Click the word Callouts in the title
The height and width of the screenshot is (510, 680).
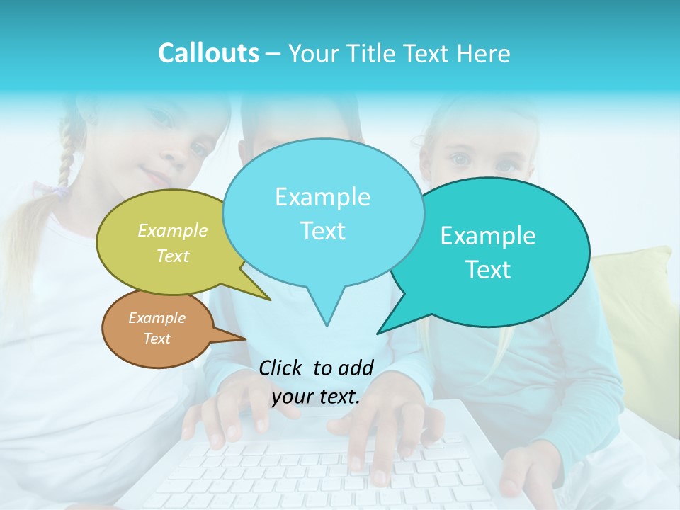(208, 54)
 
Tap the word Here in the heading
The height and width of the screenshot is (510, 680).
(484, 54)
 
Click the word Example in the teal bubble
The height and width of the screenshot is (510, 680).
(487, 236)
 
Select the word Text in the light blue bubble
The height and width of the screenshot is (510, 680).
(323, 231)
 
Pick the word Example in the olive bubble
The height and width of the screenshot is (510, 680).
(173, 231)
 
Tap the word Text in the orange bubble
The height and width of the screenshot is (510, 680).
(157, 339)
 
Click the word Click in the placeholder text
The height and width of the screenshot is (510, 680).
(281, 368)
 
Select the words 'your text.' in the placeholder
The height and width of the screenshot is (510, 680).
(316, 397)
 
